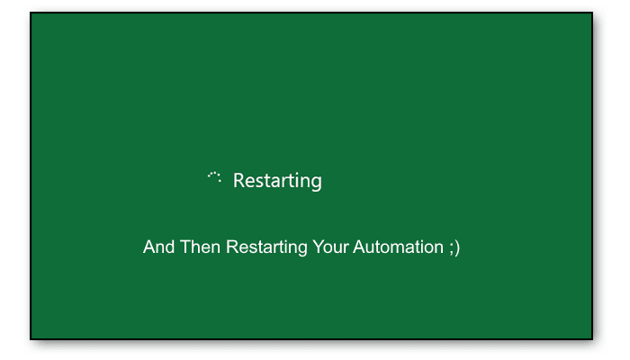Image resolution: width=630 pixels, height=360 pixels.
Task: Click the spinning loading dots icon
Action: coord(214,177)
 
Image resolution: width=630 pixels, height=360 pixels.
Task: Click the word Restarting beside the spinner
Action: coord(277,181)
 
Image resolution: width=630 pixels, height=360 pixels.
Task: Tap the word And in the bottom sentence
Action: coord(158,247)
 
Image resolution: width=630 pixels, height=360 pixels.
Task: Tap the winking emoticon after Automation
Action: coord(454,247)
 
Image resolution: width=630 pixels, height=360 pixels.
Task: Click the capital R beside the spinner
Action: coord(238,181)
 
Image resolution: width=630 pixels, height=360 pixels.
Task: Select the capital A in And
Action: coord(148,247)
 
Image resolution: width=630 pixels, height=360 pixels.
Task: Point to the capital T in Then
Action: coord(185,247)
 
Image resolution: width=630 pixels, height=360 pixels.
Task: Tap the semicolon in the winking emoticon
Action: coord(451,248)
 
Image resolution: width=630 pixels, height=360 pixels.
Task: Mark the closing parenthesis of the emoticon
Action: coord(457,247)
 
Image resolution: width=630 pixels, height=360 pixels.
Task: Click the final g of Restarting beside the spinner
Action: coord(316,183)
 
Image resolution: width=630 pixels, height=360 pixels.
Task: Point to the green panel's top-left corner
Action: coord(31,13)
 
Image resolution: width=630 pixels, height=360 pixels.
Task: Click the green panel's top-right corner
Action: coord(591,13)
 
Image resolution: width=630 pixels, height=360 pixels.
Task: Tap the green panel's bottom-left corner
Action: coord(31,338)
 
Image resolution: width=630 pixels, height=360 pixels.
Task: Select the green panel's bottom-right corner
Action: coord(591,338)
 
